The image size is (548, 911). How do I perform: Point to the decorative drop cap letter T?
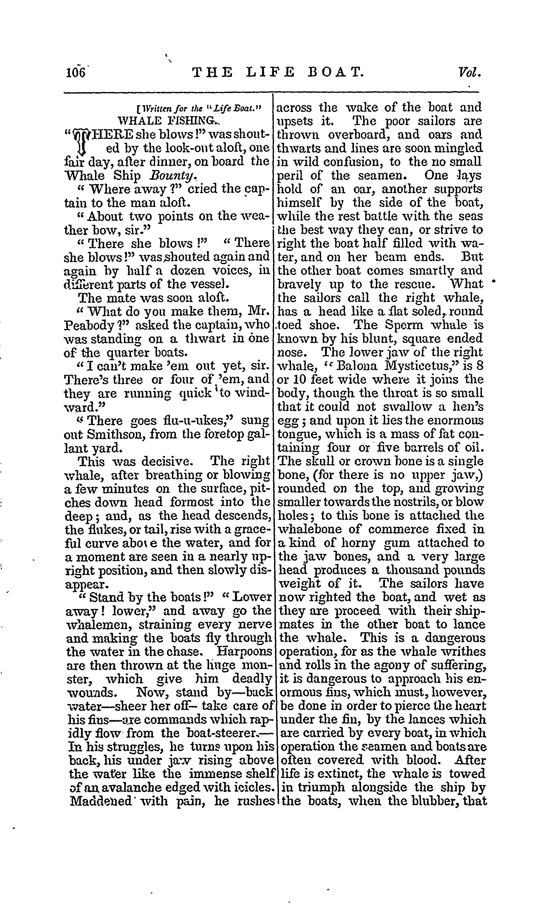point(82,141)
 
